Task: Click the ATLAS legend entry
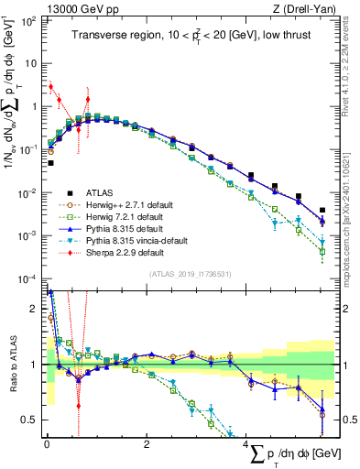pos(102,192)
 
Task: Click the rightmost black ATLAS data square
pos(322,210)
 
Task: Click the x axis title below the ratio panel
pos(295,453)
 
